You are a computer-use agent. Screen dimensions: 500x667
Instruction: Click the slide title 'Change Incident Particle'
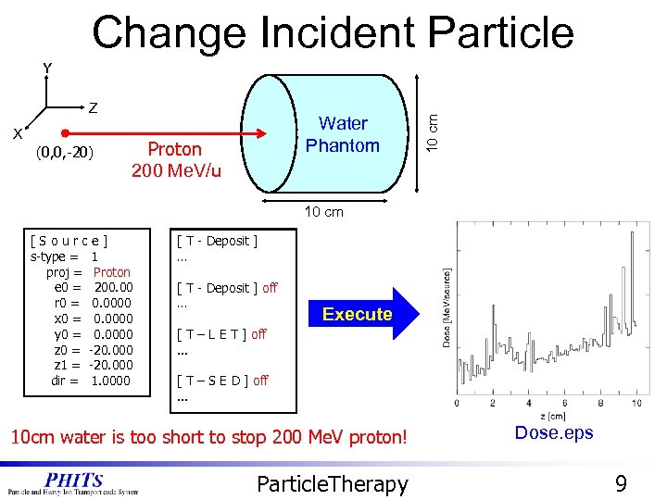click(333, 32)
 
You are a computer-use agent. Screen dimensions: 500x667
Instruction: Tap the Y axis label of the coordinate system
click(47, 69)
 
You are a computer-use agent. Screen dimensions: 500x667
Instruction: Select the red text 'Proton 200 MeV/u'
click(176, 159)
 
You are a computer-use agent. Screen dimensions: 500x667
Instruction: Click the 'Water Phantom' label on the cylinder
click(343, 134)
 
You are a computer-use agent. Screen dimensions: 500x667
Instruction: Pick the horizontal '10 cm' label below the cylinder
click(324, 211)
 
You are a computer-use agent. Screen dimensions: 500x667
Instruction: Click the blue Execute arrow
click(358, 314)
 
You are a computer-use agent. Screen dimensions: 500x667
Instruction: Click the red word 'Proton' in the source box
click(112, 272)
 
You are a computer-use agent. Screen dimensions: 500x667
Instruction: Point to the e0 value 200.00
click(113, 288)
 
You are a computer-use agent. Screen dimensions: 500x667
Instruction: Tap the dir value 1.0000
click(111, 381)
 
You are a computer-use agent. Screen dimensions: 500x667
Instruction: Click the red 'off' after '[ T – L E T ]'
click(258, 334)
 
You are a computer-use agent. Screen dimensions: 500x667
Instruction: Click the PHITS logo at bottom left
click(73, 482)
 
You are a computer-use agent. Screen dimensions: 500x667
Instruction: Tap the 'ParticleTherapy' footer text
click(332, 482)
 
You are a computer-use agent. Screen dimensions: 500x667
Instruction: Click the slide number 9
click(621, 482)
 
